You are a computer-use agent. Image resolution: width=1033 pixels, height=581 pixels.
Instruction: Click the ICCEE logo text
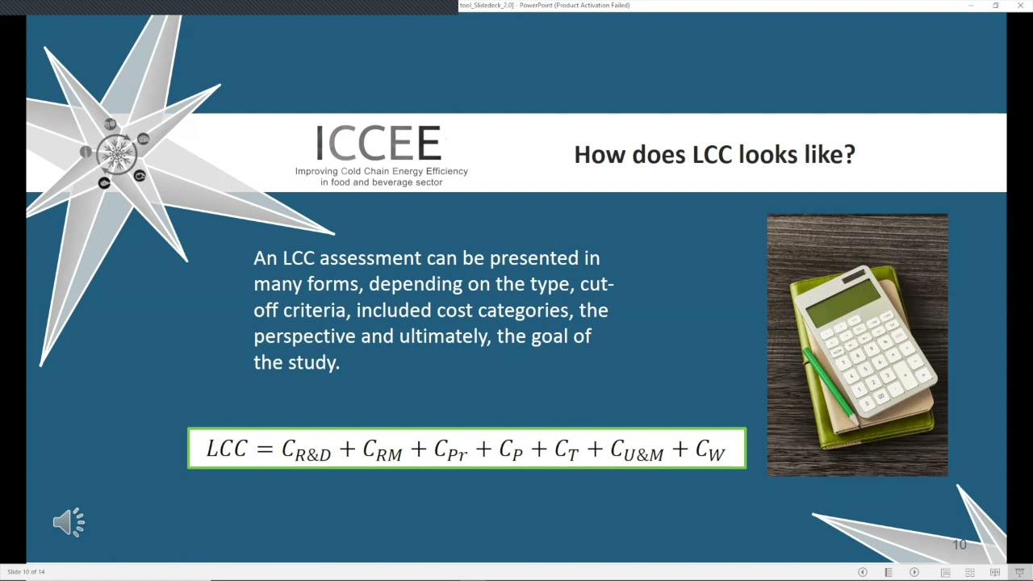tap(378, 144)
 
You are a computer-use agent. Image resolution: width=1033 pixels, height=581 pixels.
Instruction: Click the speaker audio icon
tap(69, 523)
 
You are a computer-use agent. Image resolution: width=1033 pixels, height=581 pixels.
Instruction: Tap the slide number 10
tap(959, 545)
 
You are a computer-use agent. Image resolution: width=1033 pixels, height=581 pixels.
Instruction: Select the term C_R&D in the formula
tap(306, 450)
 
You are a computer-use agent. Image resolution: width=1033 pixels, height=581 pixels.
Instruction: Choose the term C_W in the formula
tap(709, 450)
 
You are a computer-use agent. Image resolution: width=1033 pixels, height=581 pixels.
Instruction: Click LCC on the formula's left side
tap(226, 449)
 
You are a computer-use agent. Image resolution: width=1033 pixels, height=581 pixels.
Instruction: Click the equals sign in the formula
tap(265, 449)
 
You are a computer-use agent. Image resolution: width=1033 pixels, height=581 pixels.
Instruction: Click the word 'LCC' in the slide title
tap(711, 154)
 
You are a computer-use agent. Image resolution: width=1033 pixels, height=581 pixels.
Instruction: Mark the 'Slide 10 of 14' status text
tap(26, 572)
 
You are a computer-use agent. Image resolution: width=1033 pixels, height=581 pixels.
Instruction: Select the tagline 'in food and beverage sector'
tap(381, 182)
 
